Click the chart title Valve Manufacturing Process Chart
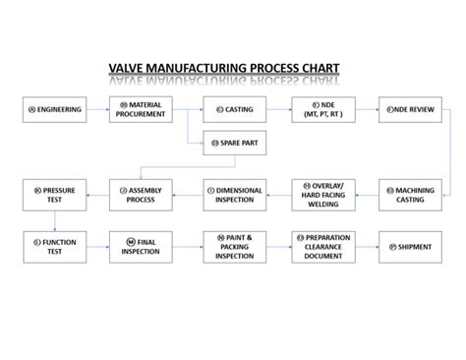pyautogui.click(x=224, y=69)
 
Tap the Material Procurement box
pyautogui.click(x=145, y=108)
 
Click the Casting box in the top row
pyautogui.click(x=232, y=108)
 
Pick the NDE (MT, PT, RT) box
pyautogui.click(x=321, y=108)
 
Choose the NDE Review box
pyautogui.click(x=409, y=108)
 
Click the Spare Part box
pyautogui.click(x=232, y=143)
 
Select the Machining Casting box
pyautogui.click(x=409, y=193)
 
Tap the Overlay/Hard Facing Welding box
pyautogui.click(x=321, y=193)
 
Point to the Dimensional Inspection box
pyautogui.click(x=233, y=193)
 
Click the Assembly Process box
pyautogui.click(x=145, y=193)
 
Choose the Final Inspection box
pyautogui.click(x=145, y=246)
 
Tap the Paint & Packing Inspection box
pyautogui.click(x=233, y=246)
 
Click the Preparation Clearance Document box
pyautogui.click(x=321, y=246)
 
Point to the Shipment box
pyautogui.click(x=409, y=246)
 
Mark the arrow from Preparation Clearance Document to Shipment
pyautogui.click(x=366, y=246)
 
